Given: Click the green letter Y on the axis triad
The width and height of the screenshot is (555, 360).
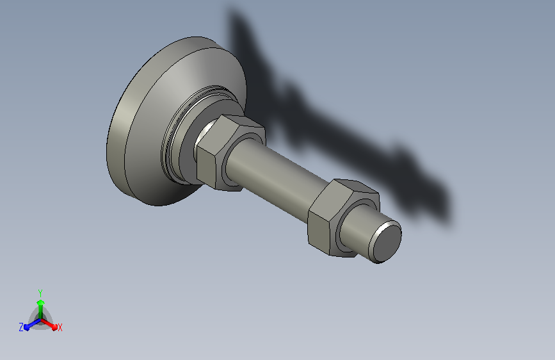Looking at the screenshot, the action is click(40, 293).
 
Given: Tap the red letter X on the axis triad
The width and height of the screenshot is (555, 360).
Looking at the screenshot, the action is click(60, 327).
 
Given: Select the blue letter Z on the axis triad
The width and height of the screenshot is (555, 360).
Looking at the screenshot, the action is click(21, 327).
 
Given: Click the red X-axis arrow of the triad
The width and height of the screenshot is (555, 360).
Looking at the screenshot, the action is click(49, 324).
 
